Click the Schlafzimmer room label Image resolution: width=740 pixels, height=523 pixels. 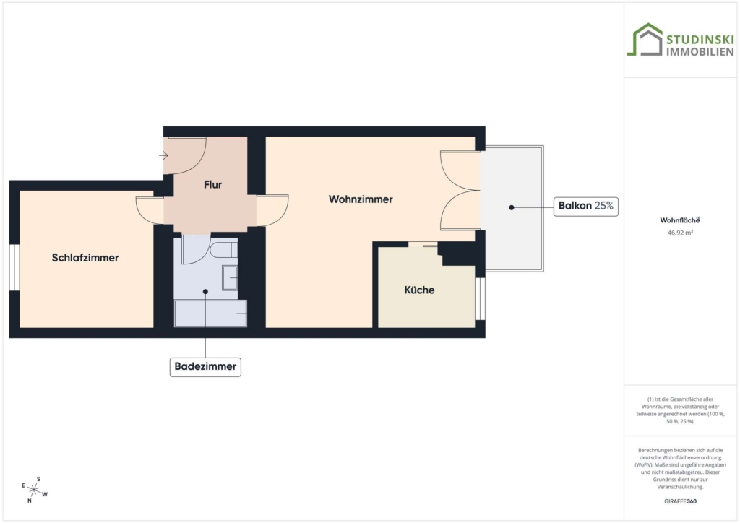(x=85, y=257)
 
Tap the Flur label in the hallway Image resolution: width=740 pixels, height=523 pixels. (x=213, y=184)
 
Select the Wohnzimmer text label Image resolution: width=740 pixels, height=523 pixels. (x=361, y=199)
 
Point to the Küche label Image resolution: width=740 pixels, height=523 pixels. (x=419, y=290)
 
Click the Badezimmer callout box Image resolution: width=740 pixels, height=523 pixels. (x=205, y=366)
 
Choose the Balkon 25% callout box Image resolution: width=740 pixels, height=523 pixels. (x=585, y=206)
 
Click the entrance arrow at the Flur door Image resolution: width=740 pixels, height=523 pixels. (x=163, y=155)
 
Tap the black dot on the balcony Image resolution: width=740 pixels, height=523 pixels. (x=511, y=207)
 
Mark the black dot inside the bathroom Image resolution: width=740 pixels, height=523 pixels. (x=205, y=291)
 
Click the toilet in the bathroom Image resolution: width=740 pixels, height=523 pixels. (x=224, y=249)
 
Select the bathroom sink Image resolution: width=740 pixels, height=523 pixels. (x=230, y=278)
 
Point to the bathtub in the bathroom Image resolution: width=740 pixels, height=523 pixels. (x=210, y=313)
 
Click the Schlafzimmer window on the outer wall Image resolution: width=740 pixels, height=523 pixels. (x=14, y=267)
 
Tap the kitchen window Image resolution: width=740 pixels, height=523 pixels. (x=480, y=298)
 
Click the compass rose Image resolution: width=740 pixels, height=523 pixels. (x=35, y=490)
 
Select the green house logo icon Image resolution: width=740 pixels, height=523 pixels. (x=645, y=40)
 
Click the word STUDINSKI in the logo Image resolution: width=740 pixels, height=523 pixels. (x=700, y=39)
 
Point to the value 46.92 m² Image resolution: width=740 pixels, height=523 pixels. (x=680, y=233)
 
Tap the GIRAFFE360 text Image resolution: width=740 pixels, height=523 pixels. (x=680, y=501)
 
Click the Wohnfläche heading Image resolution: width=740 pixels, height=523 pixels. (x=680, y=220)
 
